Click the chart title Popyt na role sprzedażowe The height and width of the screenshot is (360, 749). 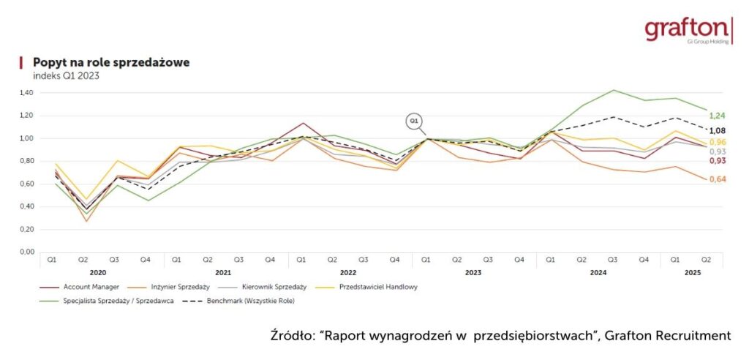[111, 63]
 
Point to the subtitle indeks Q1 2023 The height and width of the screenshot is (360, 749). [67, 75]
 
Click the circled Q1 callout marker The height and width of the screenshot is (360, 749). [414, 119]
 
